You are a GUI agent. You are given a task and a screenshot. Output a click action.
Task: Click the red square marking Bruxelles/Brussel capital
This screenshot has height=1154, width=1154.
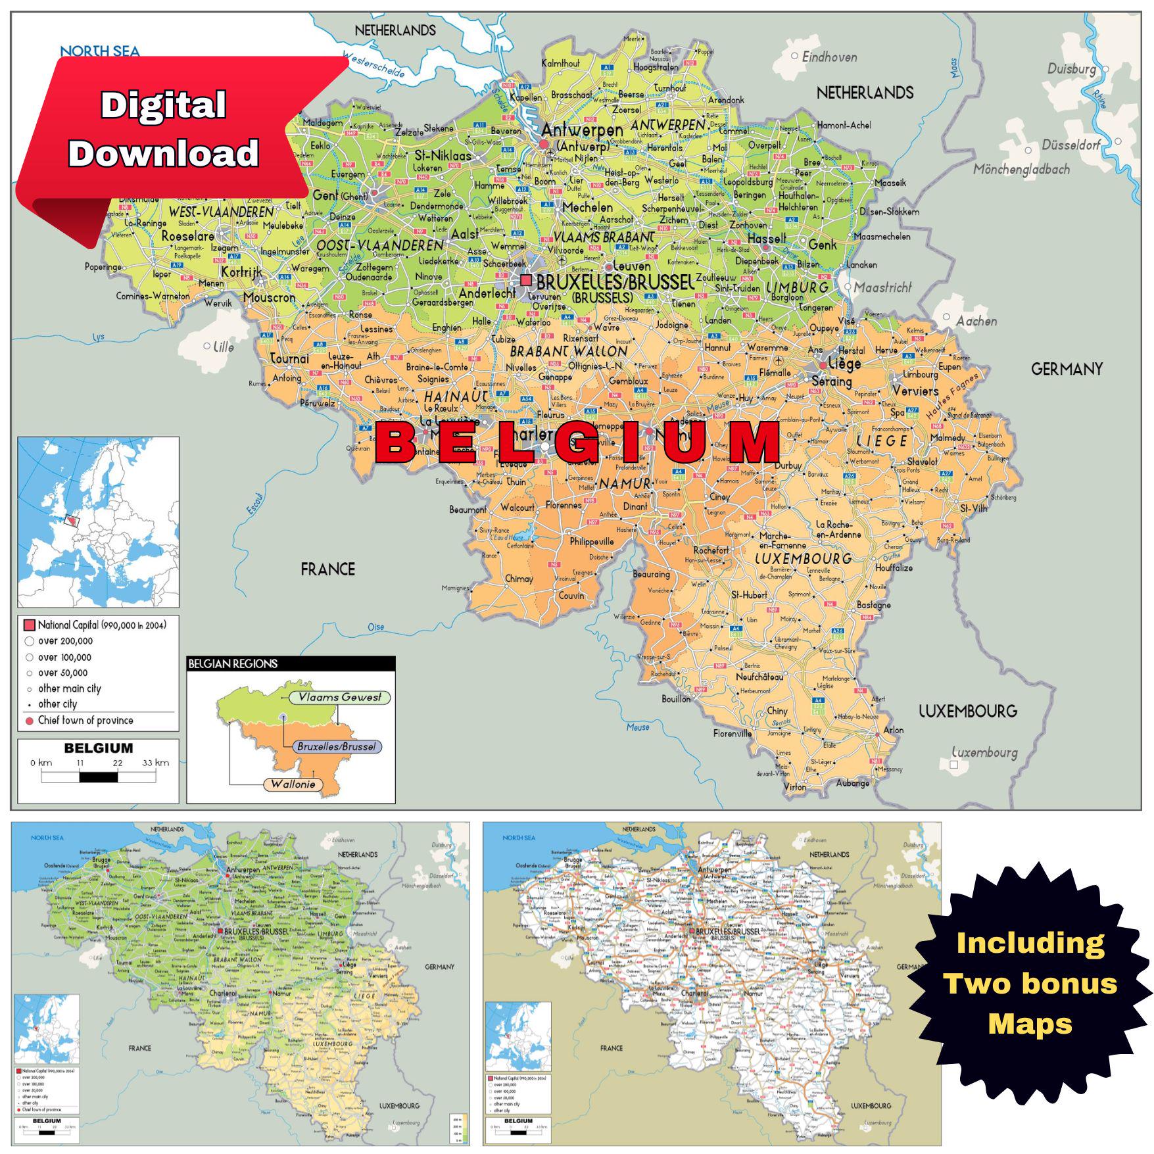click(525, 280)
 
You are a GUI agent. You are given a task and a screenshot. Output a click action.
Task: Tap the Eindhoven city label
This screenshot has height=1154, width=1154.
click(829, 57)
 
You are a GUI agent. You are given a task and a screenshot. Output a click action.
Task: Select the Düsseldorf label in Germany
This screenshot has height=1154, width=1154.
click(1070, 145)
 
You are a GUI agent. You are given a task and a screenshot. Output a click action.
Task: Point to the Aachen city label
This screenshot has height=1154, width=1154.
click(976, 321)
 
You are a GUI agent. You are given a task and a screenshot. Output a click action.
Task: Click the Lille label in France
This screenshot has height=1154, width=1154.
click(223, 347)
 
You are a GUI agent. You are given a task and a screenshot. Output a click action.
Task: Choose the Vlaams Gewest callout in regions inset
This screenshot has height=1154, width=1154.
click(339, 697)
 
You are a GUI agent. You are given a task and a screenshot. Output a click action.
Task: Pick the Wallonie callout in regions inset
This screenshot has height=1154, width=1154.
click(293, 784)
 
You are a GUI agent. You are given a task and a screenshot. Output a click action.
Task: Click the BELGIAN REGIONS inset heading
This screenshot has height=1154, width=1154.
click(233, 663)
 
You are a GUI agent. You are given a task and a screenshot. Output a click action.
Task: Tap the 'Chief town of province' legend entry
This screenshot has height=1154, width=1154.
click(85, 720)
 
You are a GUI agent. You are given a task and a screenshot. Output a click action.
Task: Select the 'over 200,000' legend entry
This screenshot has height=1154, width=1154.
click(65, 641)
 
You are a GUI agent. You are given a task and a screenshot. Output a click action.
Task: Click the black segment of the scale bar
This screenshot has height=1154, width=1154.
click(99, 777)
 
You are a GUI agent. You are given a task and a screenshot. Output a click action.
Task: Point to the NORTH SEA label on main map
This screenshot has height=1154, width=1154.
click(100, 51)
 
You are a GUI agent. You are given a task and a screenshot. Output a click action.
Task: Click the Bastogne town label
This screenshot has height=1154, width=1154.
click(874, 605)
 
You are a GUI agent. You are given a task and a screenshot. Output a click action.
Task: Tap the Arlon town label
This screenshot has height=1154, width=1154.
click(893, 730)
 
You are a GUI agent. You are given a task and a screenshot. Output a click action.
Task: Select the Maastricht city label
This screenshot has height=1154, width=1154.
click(883, 287)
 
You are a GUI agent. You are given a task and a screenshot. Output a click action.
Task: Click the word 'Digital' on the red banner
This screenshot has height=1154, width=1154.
click(163, 105)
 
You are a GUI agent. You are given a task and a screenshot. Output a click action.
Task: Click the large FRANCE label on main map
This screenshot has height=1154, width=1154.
click(327, 569)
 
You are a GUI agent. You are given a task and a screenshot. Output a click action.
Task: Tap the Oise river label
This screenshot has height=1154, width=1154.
click(375, 627)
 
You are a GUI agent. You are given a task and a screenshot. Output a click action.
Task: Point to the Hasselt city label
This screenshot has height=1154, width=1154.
click(767, 239)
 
